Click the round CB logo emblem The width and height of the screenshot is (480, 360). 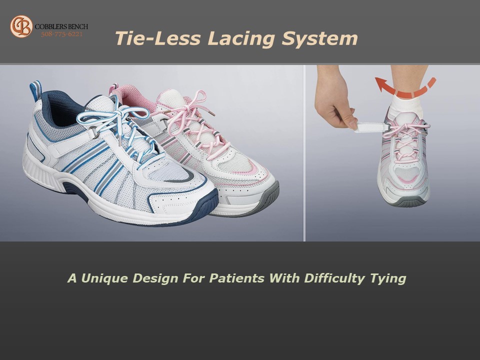21,26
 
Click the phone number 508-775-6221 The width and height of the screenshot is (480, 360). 62,34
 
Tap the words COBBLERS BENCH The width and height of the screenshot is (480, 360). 61,26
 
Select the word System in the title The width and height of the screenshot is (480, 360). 319,39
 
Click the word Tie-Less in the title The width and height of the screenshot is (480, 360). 157,38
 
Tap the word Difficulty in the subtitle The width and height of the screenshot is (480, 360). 334,279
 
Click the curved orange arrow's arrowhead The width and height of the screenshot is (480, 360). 381,84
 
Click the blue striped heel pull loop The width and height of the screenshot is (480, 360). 35,89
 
